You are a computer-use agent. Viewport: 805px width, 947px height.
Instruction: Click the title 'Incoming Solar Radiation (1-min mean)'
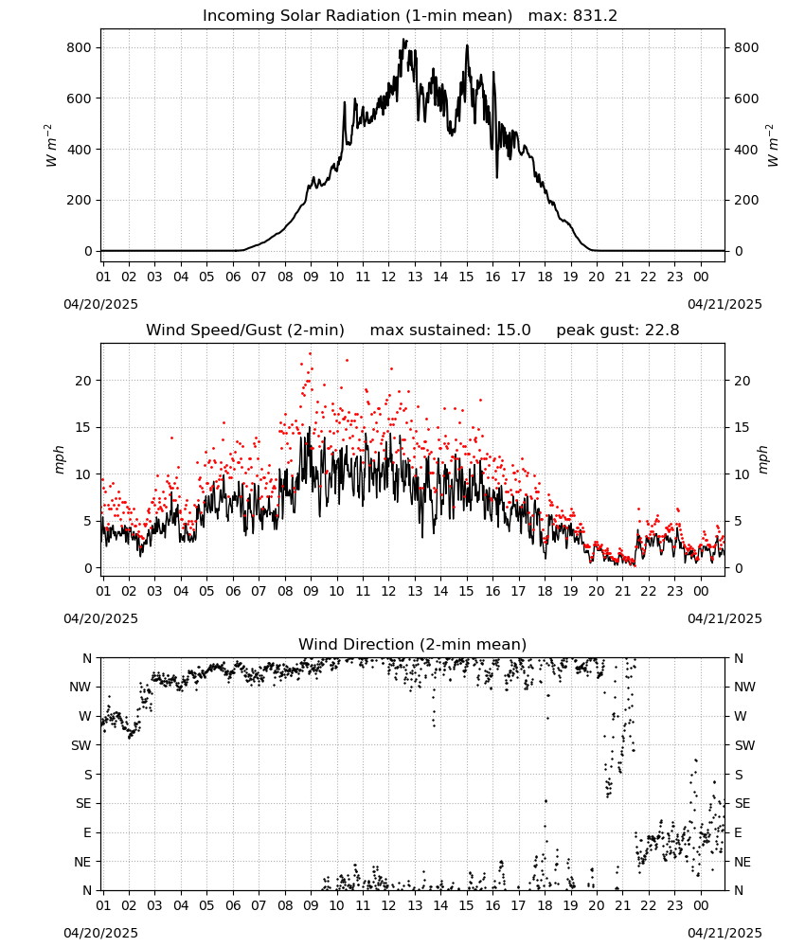coord(357,16)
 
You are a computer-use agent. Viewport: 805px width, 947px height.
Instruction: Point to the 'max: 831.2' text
coord(573,16)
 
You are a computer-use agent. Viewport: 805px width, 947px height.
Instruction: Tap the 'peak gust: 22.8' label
coord(617,331)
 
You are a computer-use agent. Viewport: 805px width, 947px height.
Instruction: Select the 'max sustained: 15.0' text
coord(451,331)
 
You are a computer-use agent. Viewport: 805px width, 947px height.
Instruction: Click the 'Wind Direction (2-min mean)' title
coord(413,644)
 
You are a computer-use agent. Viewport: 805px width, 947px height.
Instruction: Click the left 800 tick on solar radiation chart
coord(80,47)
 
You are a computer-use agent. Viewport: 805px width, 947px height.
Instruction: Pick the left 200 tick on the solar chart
coord(80,200)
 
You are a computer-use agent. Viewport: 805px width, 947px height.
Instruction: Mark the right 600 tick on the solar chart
coord(746,98)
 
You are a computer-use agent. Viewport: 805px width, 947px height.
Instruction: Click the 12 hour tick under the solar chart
coord(388,277)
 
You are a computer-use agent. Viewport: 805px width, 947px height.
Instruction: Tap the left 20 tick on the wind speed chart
coord(83,381)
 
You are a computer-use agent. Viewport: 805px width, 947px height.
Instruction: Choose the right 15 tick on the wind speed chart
coord(742,428)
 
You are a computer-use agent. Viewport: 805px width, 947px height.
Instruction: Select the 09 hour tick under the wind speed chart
coord(311,591)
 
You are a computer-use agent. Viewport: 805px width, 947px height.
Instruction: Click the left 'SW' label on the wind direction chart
coord(81,745)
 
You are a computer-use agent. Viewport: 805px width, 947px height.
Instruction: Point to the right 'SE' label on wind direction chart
coord(742,803)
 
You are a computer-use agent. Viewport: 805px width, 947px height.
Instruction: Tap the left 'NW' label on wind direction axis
coord(80,687)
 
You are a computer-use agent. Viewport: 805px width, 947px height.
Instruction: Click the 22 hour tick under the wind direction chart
coord(648,904)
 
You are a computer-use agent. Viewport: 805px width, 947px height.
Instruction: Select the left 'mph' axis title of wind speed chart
coord(59,459)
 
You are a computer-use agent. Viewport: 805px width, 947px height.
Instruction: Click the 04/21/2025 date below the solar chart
coord(724,304)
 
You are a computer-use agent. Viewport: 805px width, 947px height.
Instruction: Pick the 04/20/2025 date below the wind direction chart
coord(100,933)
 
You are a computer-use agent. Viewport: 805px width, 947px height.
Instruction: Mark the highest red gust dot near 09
coord(311,354)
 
